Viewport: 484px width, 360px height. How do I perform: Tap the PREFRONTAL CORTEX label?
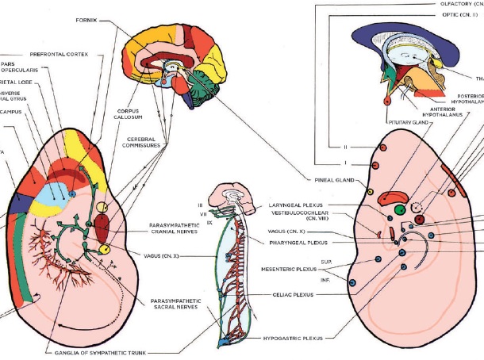point(60,54)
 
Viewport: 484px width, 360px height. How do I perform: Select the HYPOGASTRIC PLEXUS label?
point(294,338)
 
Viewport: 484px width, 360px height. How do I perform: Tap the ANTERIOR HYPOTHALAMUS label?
point(447,113)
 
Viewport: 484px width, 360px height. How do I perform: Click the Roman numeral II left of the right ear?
point(346,147)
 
